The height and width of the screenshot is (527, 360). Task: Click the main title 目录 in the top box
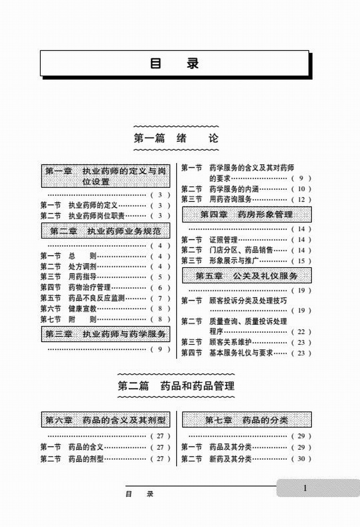click(x=174, y=63)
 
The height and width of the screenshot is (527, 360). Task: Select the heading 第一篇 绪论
click(x=176, y=138)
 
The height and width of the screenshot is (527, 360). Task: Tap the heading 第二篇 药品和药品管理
click(x=176, y=386)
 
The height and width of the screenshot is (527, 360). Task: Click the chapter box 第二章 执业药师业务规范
click(x=106, y=231)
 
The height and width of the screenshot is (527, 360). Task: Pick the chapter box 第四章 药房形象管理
click(x=247, y=214)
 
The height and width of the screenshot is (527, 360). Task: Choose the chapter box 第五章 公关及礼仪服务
click(x=247, y=276)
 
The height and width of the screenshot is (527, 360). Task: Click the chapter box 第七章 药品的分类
click(x=247, y=420)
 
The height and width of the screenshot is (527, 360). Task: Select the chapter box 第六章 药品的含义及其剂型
click(x=106, y=420)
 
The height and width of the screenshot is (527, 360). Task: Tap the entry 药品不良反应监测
click(x=96, y=298)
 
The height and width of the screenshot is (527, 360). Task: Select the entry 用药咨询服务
click(x=230, y=199)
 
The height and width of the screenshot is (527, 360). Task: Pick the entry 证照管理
click(x=224, y=240)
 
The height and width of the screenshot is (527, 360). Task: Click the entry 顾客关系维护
click(x=230, y=343)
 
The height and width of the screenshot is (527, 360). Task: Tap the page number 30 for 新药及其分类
click(x=301, y=459)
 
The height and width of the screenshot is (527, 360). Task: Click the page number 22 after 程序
click(x=301, y=332)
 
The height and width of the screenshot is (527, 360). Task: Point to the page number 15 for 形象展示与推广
click(x=301, y=261)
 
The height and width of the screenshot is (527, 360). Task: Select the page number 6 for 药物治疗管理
click(x=160, y=288)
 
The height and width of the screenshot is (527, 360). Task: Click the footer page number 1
click(x=305, y=488)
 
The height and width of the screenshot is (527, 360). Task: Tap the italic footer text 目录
click(x=139, y=494)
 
